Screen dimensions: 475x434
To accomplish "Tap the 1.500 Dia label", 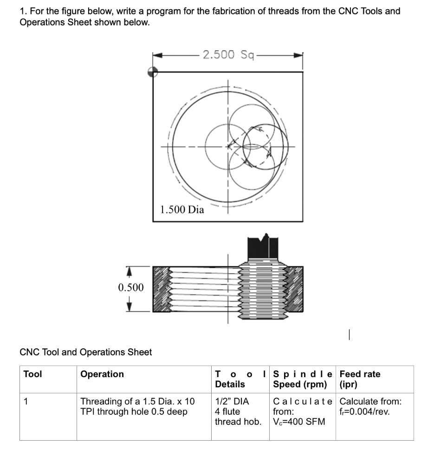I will point(182,209).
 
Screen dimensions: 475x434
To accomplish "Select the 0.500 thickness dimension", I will point(131,288).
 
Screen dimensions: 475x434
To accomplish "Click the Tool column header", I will point(32,374).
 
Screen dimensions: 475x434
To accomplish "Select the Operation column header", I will point(102,374).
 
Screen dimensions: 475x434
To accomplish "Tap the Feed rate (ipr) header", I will point(360,379).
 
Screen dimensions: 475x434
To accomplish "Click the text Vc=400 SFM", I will point(299,422).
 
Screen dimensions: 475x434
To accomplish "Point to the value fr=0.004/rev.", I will point(364,411).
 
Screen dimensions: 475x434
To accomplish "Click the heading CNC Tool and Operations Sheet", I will point(86,352).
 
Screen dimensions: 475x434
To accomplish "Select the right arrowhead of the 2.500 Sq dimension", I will point(299,55).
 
